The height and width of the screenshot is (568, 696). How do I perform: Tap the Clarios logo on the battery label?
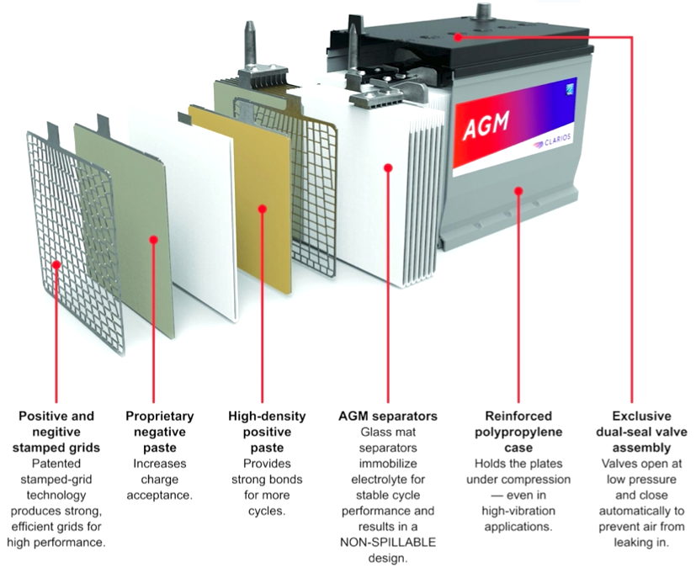point(550,145)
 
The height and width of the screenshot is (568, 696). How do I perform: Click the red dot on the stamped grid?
point(56,264)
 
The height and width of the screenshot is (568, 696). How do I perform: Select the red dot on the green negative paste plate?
point(153,240)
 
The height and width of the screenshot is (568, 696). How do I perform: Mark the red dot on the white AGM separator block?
point(388,167)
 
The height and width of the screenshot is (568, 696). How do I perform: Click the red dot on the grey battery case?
point(518,191)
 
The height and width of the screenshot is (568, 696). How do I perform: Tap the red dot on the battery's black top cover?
point(457,36)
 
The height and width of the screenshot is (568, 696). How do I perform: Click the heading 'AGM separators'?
point(387,416)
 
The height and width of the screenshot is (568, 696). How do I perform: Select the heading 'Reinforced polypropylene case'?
point(518,423)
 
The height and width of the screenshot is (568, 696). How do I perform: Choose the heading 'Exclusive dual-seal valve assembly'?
point(641,432)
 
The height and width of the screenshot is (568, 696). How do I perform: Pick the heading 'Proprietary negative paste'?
point(160,432)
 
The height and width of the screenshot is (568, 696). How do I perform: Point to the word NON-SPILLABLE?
point(387,544)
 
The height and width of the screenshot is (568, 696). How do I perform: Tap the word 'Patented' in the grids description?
point(56,464)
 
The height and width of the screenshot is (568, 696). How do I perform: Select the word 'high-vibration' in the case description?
point(518,511)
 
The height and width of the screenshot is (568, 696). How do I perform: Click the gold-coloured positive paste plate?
point(240,194)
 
